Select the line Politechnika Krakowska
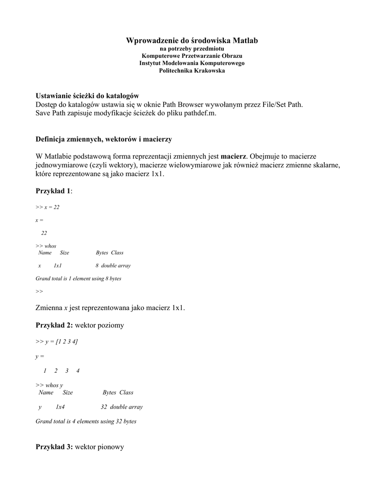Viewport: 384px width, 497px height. coord(192,71)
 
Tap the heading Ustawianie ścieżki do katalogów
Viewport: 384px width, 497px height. coord(87,96)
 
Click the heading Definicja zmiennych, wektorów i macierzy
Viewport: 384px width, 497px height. coord(104,139)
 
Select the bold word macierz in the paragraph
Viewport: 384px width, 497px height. coord(234,156)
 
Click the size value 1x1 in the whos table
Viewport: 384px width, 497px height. coord(58,266)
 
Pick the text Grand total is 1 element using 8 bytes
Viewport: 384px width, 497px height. coord(79,279)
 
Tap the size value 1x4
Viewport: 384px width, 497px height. coord(60,407)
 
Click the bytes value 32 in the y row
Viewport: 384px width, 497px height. coord(103,407)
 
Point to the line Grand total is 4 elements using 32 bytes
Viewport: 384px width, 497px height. coord(86,421)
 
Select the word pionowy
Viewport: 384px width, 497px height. coord(111,447)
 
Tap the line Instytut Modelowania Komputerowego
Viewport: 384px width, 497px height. coord(192,63)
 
